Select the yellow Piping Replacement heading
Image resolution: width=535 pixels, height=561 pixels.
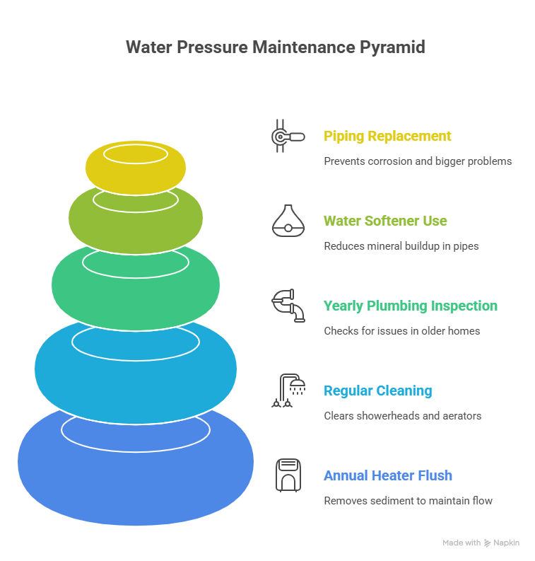(x=387, y=136)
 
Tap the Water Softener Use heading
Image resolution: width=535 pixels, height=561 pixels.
(x=385, y=221)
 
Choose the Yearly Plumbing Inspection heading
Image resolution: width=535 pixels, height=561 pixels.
(x=411, y=306)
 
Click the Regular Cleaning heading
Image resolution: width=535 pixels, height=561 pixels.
(x=377, y=391)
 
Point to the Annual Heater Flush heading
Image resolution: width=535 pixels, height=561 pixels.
(x=388, y=475)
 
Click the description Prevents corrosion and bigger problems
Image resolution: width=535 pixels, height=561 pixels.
(x=418, y=161)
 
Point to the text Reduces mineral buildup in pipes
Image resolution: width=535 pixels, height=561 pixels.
(x=401, y=245)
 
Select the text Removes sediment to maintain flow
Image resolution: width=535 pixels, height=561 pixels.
(x=408, y=500)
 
